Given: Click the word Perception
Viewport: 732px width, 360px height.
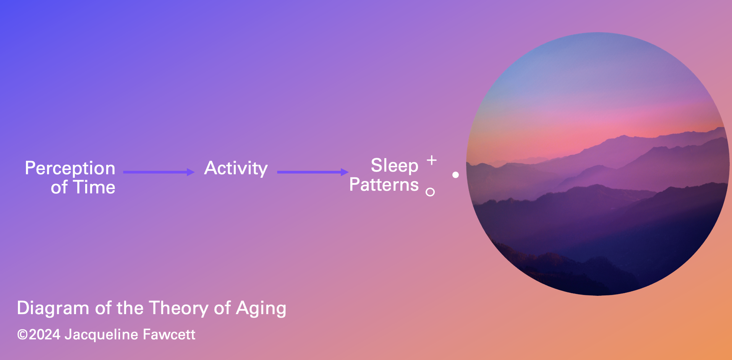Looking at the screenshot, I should pos(70,169).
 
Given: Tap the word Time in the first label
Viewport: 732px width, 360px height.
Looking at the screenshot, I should pos(94,187).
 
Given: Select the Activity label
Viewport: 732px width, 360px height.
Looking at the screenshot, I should pos(236,169).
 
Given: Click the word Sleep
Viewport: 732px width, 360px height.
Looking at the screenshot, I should pos(394,166).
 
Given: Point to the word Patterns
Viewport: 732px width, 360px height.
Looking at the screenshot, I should pos(384,185).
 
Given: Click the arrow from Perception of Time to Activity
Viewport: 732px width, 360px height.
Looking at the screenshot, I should pos(157,172).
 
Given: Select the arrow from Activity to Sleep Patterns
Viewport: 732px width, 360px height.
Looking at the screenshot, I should pos(310,172).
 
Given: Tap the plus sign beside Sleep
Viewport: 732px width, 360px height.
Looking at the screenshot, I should pos(431,160).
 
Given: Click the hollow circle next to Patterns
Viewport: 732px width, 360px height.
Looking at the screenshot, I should pos(430,192).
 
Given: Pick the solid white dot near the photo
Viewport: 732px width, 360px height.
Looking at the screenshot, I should pos(455,175).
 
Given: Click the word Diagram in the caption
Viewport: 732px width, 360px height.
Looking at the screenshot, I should pos(53,308).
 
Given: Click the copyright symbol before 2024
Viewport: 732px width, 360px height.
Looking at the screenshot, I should pos(23,335).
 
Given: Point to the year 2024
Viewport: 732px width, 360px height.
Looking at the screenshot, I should pos(45,335).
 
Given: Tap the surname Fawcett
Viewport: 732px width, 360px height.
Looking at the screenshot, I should pos(169,335).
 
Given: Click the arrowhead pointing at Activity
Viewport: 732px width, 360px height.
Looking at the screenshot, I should pos(191,172).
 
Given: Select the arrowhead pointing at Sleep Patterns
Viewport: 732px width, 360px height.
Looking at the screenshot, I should pos(345,172).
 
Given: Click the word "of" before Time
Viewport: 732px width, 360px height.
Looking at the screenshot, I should pos(59,187).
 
